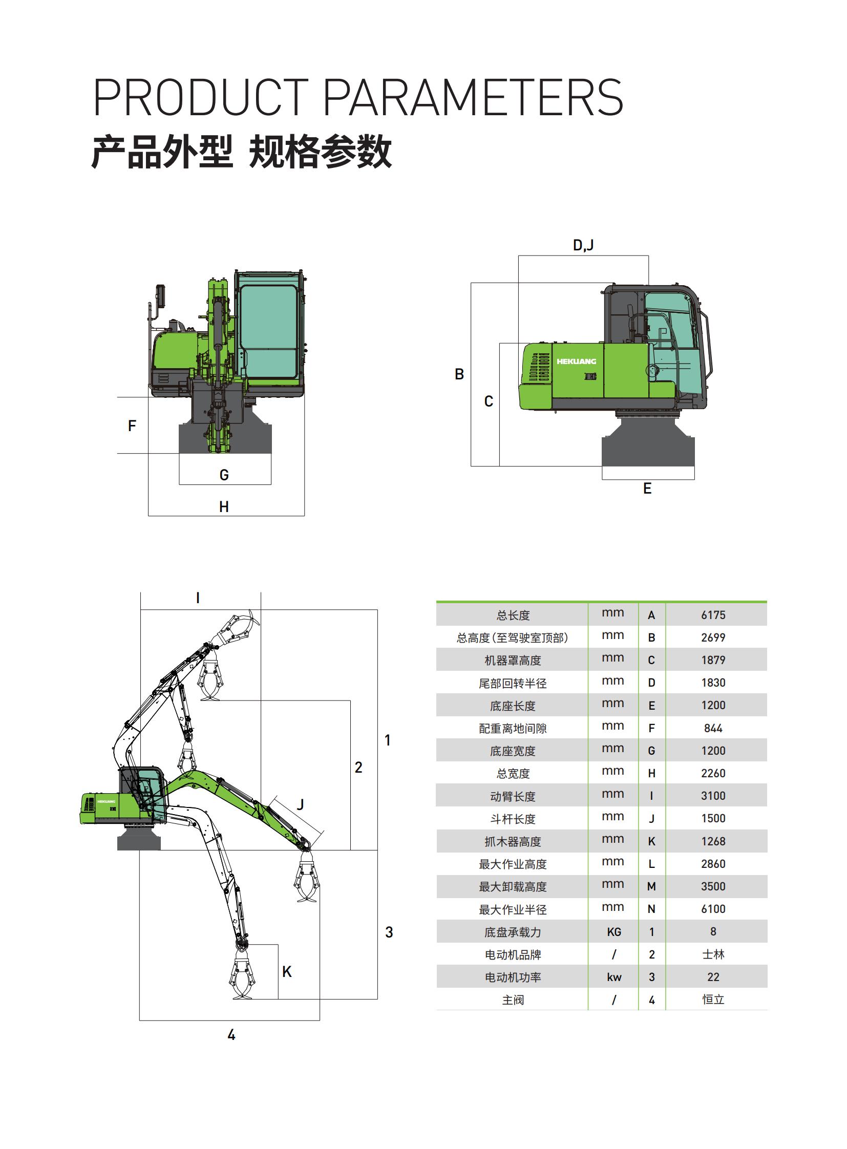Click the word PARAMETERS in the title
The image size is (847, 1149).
click(473, 97)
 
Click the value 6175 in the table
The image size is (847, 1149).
click(713, 615)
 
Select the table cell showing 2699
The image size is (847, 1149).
click(713, 637)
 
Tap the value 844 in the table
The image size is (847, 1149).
click(713, 728)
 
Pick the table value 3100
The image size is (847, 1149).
click(713, 796)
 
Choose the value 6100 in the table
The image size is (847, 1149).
click(713, 909)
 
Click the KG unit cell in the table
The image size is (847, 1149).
click(613, 932)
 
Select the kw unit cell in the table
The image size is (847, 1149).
click(613, 977)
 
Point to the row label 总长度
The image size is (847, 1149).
click(513, 615)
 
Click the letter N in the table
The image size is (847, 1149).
click(652, 909)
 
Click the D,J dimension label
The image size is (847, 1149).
click(583, 245)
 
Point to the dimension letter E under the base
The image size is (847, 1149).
click(648, 488)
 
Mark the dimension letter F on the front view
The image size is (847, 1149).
click(132, 425)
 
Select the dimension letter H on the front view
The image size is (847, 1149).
click(224, 506)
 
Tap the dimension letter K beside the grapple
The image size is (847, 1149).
click(287, 972)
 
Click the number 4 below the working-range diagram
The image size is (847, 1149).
click(231, 1035)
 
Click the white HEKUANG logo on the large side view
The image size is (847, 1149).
click(576, 361)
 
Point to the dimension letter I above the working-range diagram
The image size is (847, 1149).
click(198, 598)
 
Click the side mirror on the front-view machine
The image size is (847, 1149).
click(160, 296)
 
